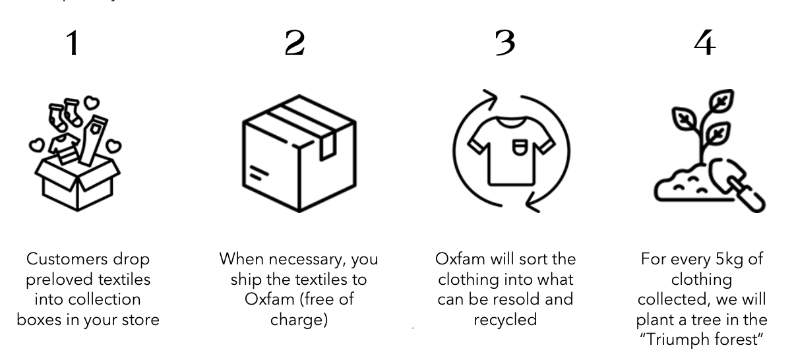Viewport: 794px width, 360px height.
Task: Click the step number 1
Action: (73, 43)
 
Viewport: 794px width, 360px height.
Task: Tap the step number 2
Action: (295, 43)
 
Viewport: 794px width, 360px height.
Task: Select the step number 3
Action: (505, 43)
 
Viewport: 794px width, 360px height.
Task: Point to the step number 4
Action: (705, 43)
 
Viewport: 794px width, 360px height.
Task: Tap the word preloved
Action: (59, 280)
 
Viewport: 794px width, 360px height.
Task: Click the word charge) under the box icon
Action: (299, 320)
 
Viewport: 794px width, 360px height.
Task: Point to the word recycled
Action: (505, 320)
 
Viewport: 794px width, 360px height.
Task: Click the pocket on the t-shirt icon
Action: (520, 147)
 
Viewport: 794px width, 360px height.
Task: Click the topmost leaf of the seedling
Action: (722, 101)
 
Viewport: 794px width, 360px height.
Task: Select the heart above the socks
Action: (92, 103)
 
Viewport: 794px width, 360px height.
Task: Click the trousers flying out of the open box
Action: (93, 140)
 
